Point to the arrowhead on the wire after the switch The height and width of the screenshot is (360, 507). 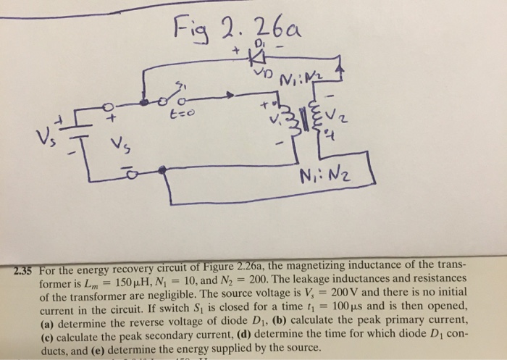tap(230, 95)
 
